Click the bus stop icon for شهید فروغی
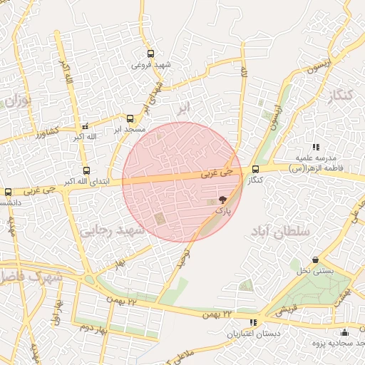click(x=150, y=53)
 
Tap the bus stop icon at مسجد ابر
click(x=130, y=119)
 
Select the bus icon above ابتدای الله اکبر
click(x=86, y=170)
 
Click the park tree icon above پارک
click(x=223, y=201)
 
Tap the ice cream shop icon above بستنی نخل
click(x=315, y=260)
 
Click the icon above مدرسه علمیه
click(x=316, y=147)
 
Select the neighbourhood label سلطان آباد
click(x=281, y=232)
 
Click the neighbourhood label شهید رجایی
click(x=113, y=231)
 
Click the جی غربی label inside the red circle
click(x=217, y=173)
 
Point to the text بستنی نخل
click(x=315, y=272)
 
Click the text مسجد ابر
click(x=130, y=130)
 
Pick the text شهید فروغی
click(x=150, y=64)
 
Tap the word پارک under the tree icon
click(x=223, y=212)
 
